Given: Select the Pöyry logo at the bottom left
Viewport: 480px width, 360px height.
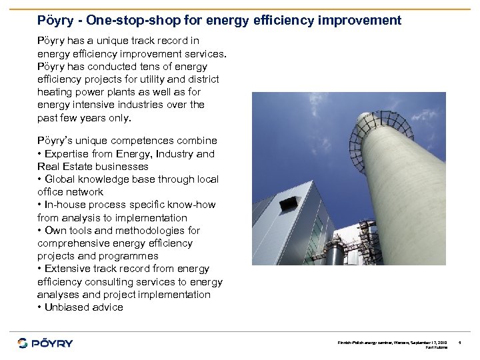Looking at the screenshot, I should [x=45, y=343].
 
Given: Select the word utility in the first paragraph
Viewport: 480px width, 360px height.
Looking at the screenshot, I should [x=170, y=79].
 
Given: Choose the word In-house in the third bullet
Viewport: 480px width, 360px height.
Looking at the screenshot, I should [x=65, y=205].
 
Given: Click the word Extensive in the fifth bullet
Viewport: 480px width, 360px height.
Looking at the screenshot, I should [x=69, y=269].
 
